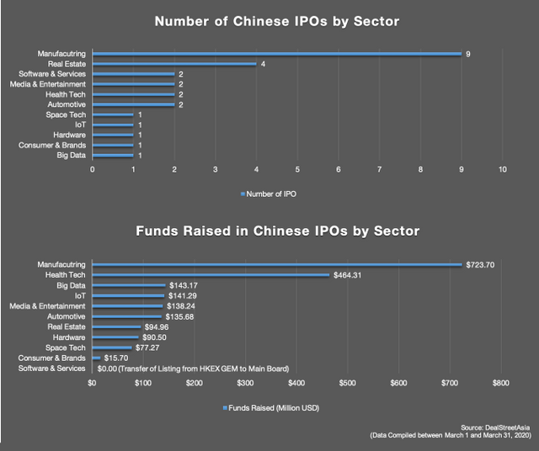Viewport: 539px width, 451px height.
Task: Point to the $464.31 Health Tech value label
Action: coord(347,275)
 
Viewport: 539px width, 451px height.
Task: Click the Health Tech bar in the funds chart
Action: coord(211,275)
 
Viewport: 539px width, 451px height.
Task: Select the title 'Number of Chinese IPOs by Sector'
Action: coord(269,22)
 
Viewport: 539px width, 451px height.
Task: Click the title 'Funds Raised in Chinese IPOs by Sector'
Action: coord(269,230)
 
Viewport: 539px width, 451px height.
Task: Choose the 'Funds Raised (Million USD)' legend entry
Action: coord(269,407)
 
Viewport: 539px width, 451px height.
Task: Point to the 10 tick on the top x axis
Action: coord(502,170)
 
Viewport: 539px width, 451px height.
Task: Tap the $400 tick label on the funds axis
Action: coord(296,383)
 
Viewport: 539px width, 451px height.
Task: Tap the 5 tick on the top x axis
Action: coord(296,170)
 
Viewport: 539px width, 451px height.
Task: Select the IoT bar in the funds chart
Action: coord(128,295)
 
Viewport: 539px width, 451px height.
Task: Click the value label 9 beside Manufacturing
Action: coord(467,54)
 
